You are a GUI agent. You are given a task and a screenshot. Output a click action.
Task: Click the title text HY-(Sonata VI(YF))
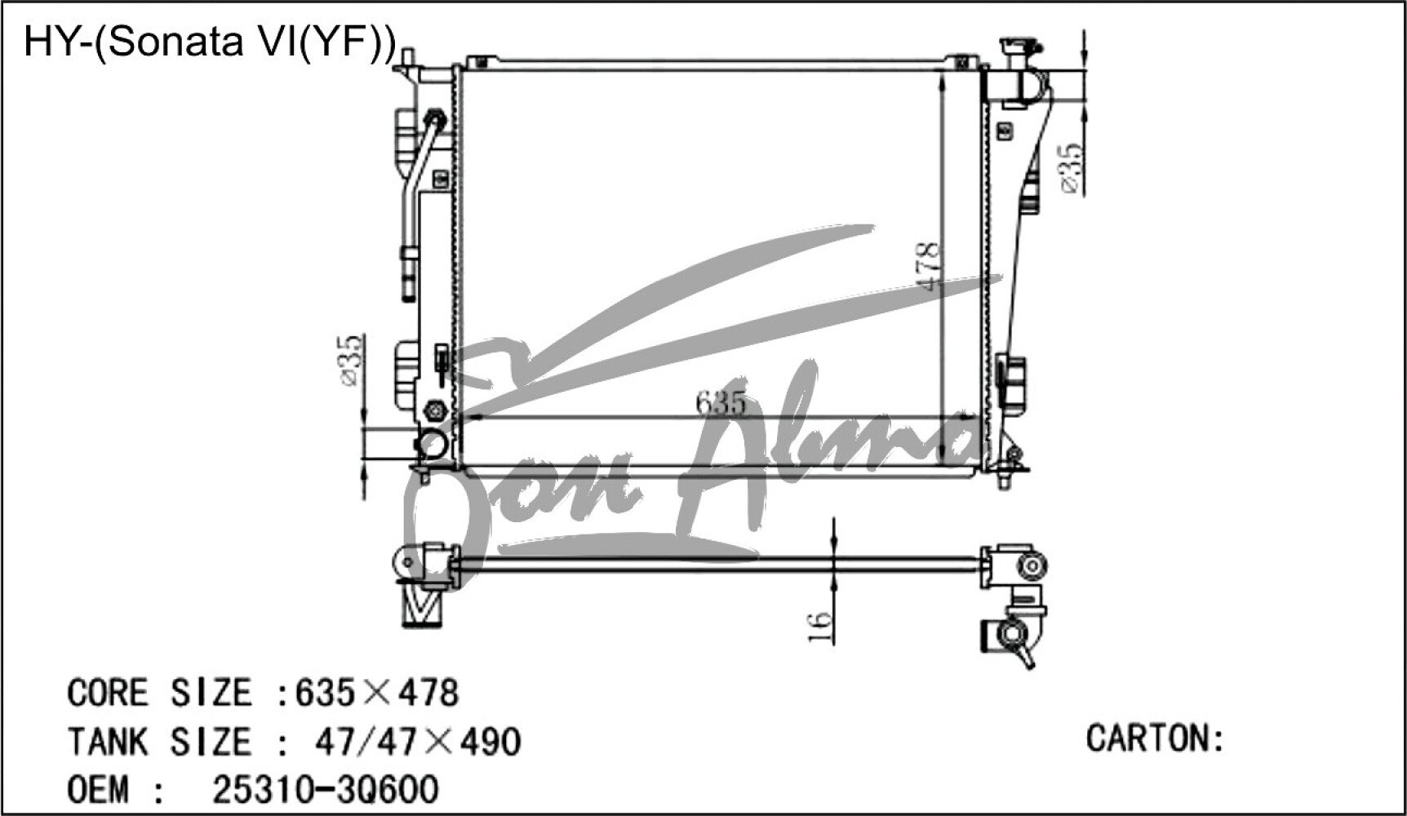tap(210, 42)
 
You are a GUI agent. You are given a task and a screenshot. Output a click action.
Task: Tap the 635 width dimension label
tap(721, 403)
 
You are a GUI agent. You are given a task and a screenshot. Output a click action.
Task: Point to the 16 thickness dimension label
tap(820, 627)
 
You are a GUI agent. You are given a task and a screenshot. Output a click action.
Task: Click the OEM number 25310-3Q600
tap(326, 789)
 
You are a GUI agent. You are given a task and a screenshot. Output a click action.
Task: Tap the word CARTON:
tap(1155, 738)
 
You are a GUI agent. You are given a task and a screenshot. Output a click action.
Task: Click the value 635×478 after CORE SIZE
tap(377, 693)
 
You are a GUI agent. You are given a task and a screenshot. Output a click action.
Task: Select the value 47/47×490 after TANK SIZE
tap(417, 742)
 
